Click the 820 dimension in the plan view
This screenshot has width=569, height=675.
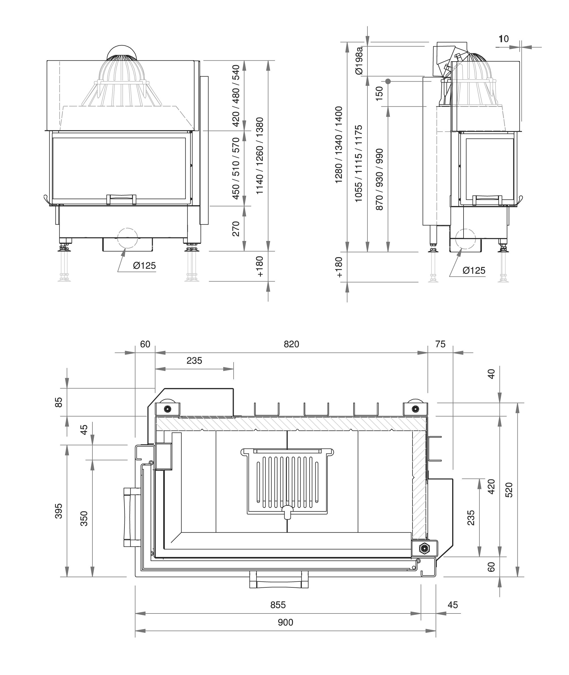[x=291, y=344]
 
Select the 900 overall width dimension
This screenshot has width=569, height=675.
[x=285, y=622]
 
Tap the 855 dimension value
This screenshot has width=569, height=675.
[x=278, y=605]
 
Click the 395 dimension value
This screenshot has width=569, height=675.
[x=58, y=511]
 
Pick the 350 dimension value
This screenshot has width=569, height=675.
[x=84, y=519]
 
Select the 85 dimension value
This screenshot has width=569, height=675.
[x=58, y=403]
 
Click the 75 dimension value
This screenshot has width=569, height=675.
[x=440, y=344]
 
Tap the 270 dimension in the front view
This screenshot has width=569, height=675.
[x=236, y=229]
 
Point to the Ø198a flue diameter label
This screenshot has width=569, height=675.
[x=359, y=61]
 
